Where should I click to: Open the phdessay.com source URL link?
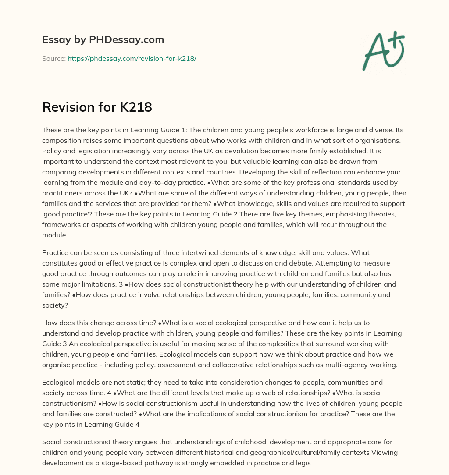132,58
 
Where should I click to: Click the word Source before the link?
53,58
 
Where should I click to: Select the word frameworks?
61,224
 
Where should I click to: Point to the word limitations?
112,284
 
